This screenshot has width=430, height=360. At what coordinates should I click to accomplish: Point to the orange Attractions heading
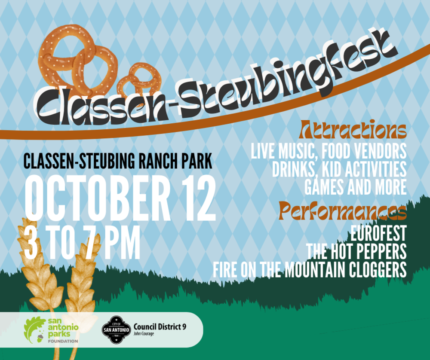353,129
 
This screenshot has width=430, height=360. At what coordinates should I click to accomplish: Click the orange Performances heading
343,211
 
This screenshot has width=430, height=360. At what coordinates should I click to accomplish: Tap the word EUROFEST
378,233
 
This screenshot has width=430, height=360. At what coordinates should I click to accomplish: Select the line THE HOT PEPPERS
356,251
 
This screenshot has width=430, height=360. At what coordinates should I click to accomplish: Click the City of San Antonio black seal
116,329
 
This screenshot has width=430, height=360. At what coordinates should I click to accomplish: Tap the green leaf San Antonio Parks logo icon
35,330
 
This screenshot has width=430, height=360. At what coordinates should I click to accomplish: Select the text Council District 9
160,326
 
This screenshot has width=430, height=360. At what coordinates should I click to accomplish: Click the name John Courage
144,334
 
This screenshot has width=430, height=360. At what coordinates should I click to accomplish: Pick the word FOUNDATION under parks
63,341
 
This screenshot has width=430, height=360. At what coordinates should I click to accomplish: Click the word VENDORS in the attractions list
380,151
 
